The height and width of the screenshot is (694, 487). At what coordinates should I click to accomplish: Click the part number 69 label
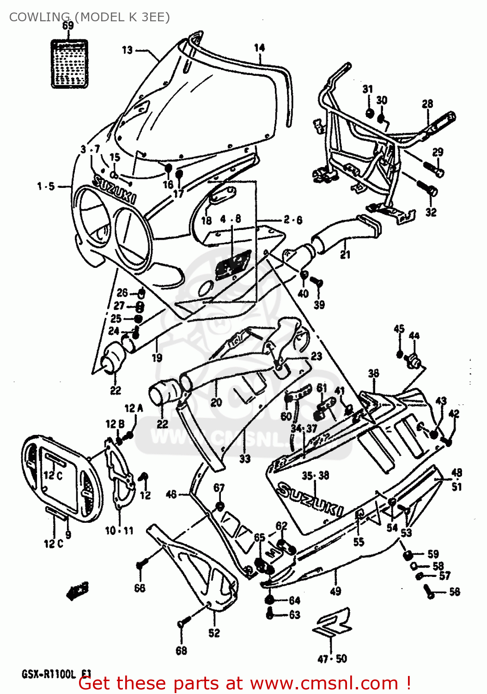tap(68, 25)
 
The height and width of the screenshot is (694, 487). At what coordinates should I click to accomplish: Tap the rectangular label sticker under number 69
tap(69, 64)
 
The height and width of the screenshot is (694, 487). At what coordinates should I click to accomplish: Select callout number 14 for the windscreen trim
tap(260, 48)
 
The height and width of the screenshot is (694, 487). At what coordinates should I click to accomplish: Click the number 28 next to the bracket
tap(427, 104)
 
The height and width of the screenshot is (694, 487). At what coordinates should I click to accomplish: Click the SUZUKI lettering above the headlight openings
tap(115, 189)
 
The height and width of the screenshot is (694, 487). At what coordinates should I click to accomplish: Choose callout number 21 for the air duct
tap(345, 254)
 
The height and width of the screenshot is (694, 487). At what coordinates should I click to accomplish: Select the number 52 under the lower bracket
tap(214, 633)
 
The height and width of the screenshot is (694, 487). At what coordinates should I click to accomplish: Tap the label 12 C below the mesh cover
tap(53, 544)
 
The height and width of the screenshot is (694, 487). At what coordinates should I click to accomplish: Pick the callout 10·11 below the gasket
tap(119, 531)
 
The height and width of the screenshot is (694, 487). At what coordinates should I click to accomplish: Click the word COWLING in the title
tap(39, 17)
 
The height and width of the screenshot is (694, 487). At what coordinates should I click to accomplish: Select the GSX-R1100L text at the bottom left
tap(49, 674)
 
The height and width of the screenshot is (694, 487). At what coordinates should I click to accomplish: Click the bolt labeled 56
tap(429, 591)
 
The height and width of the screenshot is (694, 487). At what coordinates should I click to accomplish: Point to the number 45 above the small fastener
tap(399, 328)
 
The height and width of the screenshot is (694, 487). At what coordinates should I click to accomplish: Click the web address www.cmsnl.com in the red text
tap(324, 683)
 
